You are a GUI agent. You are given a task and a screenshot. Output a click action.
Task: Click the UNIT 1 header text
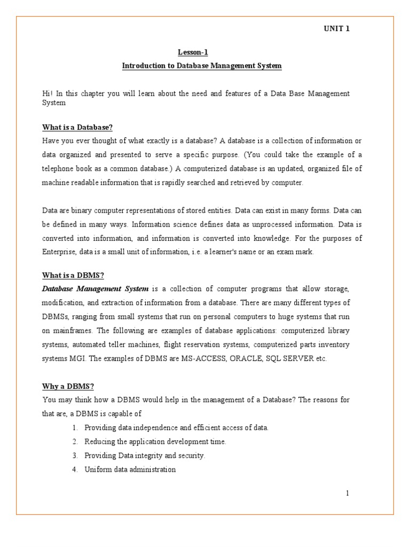click(x=335, y=29)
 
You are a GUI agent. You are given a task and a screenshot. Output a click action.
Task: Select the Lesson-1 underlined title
click(x=192, y=52)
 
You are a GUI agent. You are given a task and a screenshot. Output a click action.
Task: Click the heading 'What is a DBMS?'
click(x=73, y=275)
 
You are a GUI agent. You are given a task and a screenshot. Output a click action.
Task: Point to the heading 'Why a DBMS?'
click(x=68, y=386)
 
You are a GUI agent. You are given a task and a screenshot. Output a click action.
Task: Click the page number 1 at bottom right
click(x=347, y=493)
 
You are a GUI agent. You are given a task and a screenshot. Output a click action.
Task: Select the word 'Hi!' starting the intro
click(x=48, y=93)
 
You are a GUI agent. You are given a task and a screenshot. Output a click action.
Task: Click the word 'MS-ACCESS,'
click(x=202, y=358)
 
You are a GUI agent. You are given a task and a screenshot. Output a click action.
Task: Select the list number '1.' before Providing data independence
click(x=74, y=428)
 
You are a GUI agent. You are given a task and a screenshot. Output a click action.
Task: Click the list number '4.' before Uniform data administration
click(x=74, y=470)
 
